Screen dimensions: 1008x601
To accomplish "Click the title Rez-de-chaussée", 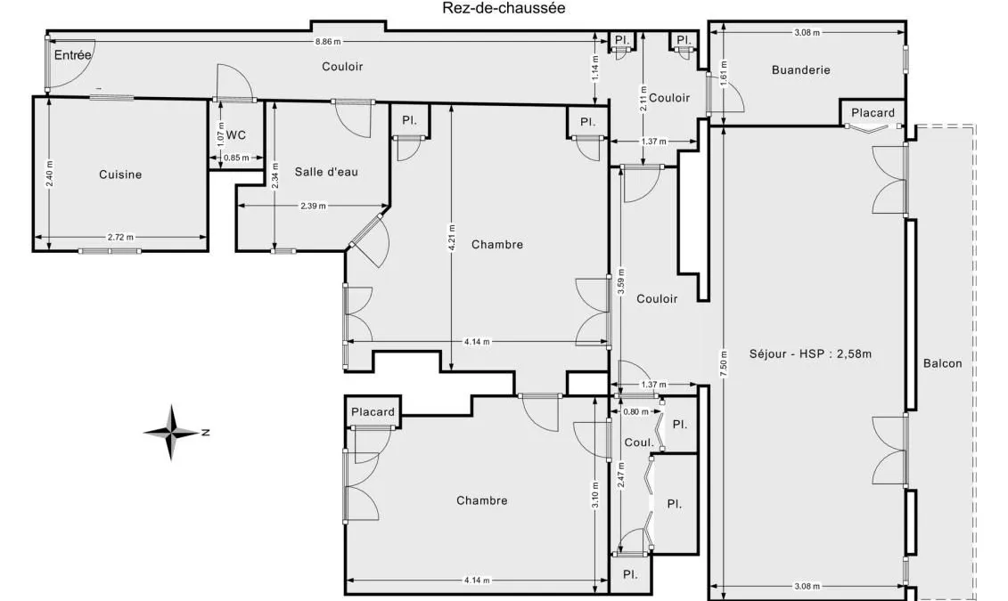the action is coord(504,8).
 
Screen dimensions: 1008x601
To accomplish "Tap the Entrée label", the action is coord(73,55).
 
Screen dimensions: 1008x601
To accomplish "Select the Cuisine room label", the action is coord(120,175).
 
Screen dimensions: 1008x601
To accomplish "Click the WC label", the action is coord(236,135).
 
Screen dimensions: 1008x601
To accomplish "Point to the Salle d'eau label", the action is coord(326,172).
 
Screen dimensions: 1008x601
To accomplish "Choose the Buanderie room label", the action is coord(801,70).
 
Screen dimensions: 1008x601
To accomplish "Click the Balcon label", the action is coord(942,363).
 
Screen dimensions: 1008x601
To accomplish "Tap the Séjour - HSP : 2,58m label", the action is coord(810,353).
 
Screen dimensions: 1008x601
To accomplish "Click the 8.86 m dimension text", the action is coord(328,42).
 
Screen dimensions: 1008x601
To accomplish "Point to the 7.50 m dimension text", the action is coord(724,364).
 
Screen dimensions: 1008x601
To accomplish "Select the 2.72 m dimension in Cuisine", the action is coord(121,237).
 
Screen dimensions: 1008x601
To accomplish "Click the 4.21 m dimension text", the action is coord(452,238).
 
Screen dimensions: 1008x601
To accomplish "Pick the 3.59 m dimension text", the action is coord(621,281).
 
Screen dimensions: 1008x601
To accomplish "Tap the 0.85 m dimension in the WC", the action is coord(236,158).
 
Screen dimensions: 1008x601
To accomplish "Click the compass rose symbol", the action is coord(172,432).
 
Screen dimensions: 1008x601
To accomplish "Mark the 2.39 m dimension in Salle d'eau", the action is coord(313,206).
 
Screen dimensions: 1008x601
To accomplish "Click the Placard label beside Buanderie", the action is coord(873,113).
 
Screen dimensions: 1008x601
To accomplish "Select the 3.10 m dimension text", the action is coord(596,495).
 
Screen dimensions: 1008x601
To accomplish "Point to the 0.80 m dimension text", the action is coord(635,411).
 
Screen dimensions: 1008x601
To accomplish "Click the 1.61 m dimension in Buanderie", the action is coord(724,73).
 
